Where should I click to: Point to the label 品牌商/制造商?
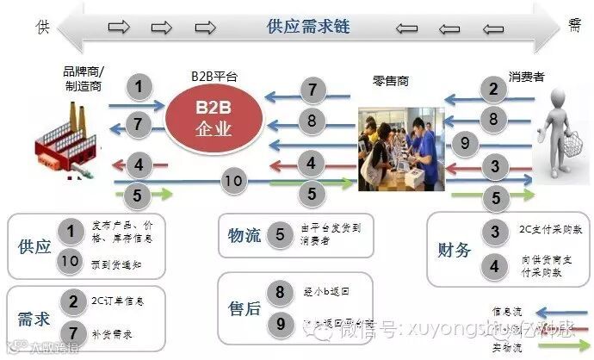pyautogui.click(x=83, y=77)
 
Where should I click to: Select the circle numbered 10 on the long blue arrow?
pyautogui.click(x=233, y=181)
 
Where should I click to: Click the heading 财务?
pyautogui.click(x=454, y=251)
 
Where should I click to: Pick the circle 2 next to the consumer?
pyautogui.click(x=493, y=87)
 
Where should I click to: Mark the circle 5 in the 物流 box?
pyautogui.click(x=280, y=234)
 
